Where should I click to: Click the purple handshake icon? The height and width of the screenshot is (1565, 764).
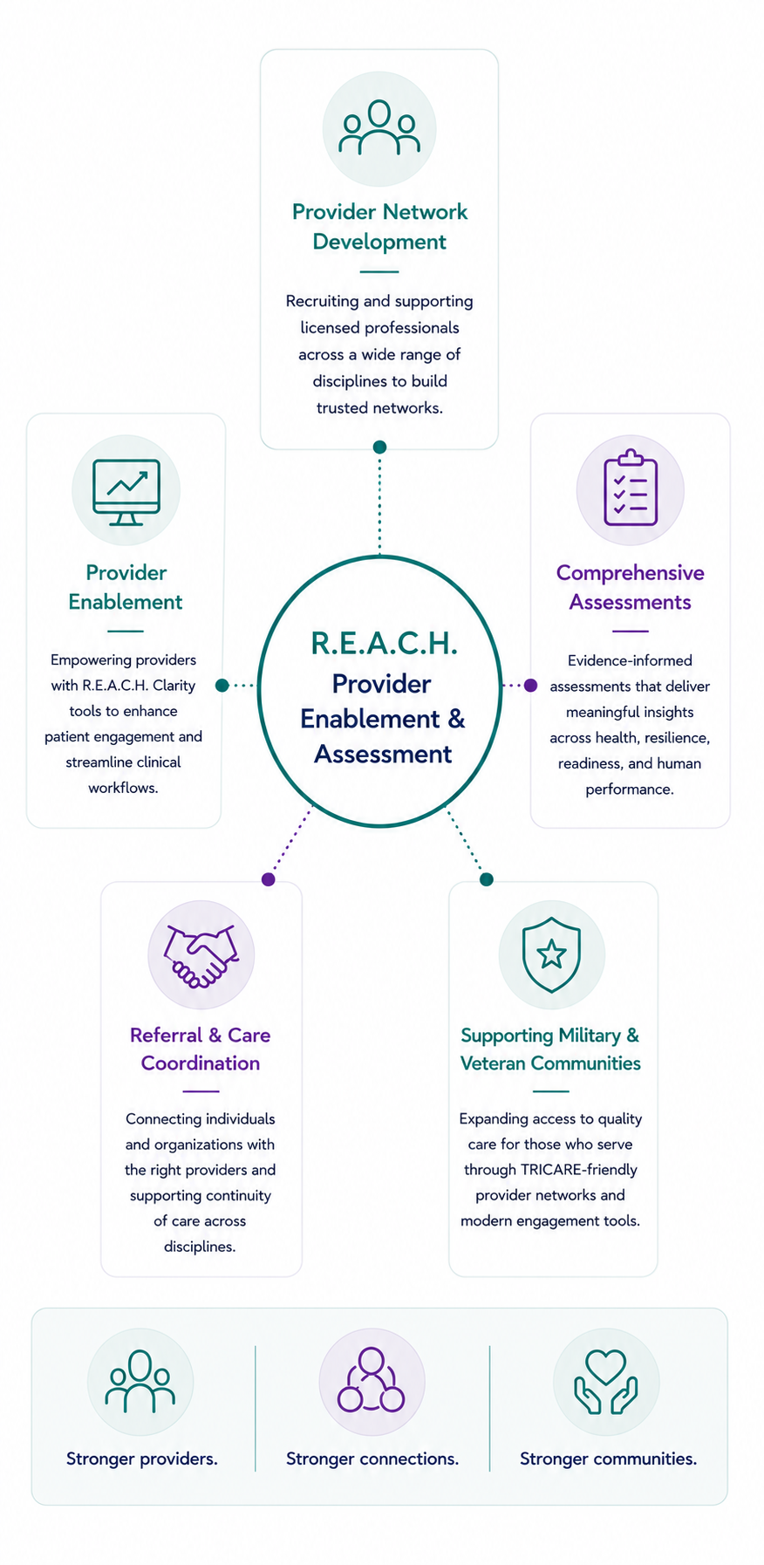[201, 955]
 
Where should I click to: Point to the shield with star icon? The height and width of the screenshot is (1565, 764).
[551, 954]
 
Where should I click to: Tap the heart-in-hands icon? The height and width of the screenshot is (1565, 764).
[606, 1382]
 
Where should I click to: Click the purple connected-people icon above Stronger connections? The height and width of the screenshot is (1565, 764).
[372, 1380]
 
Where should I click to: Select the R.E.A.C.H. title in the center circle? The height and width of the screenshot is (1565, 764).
[384, 644]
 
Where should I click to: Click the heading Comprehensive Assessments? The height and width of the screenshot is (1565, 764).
[631, 587]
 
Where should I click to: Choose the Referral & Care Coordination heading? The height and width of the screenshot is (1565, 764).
[201, 1049]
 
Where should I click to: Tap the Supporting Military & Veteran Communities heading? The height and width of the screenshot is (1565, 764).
[550, 1049]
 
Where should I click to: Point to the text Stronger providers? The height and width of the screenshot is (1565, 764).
[142, 1459]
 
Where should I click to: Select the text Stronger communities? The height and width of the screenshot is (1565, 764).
[608, 1459]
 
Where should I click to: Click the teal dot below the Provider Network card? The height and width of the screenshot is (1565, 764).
[379, 447]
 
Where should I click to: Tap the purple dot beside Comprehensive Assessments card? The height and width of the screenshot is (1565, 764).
[530, 686]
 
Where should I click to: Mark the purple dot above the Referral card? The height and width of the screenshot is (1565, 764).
[269, 879]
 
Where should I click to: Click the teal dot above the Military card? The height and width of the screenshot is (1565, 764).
[487, 879]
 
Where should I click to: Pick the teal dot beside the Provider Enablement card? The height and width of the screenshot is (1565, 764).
[222, 686]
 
